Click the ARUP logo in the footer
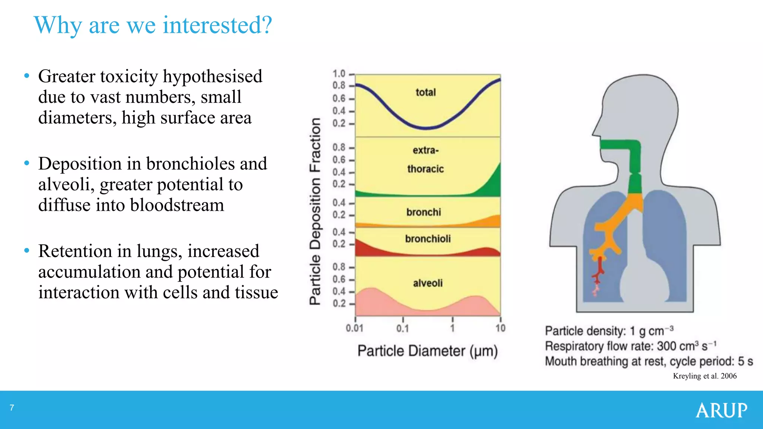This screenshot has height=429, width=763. coord(721,410)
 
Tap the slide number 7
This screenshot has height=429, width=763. coord(12,408)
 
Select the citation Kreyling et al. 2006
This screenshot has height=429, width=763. coord(705,376)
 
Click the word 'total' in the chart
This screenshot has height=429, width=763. coord(425,92)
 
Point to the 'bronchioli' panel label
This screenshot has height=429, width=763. coord(428,239)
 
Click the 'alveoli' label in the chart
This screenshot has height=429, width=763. coord(428,283)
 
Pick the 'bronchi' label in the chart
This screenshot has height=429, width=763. coord(424,212)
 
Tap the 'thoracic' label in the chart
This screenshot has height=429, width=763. coord(425,169)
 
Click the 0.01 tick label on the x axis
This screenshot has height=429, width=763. coord(354,328)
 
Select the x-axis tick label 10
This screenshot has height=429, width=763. coord(500,328)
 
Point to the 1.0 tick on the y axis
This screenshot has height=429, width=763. coord(339,74)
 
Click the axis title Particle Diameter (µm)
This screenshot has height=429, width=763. coord(427,351)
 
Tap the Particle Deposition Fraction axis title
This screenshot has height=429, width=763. coord(315,211)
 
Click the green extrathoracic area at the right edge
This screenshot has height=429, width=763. coord(492,184)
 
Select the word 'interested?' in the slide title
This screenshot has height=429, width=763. coord(218,25)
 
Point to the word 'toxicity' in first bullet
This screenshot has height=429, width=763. coord(130,76)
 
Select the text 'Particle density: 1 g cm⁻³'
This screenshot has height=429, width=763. coord(609,331)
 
